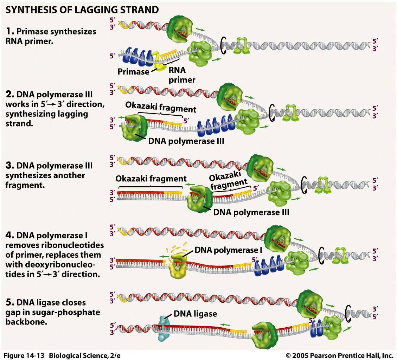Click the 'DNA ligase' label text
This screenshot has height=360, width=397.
[195, 314]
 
